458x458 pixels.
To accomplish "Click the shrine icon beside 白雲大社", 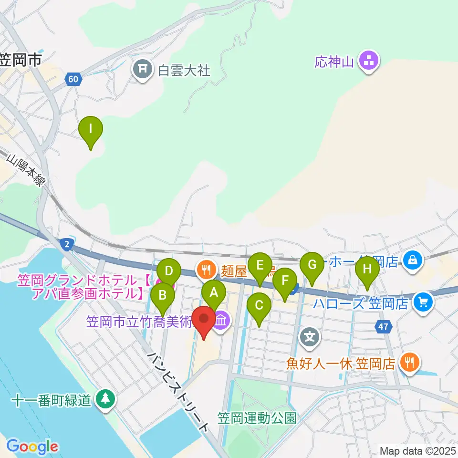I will click(142, 70).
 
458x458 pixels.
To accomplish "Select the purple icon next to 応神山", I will click(369, 62).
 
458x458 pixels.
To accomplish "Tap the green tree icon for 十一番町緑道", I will click(105, 399).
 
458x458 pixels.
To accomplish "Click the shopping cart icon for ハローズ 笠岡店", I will click(423, 302).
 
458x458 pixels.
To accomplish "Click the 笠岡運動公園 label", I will click(257, 418).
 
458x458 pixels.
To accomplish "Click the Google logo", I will click(32, 447).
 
